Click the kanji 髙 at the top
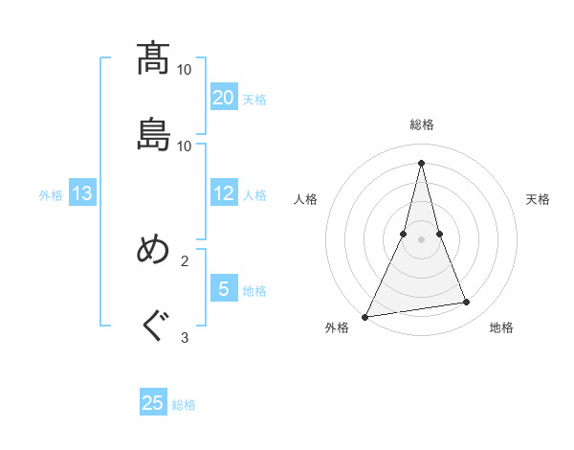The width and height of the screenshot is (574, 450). [x=154, y=58]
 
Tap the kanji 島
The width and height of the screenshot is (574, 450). [x=154, y=135]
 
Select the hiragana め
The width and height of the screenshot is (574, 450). [x=154, y=250]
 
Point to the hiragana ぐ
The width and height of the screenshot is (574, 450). [x=154, y=326]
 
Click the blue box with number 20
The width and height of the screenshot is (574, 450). [x=224, y=97]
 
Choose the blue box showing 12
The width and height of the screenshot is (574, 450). [x=224, y=193]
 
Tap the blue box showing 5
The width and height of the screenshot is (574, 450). [x=224, y=288]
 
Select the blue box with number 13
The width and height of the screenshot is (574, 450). [x=82, y=193]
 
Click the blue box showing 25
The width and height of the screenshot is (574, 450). [x=153, y=403]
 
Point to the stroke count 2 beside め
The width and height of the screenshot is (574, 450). [x=185, y=260]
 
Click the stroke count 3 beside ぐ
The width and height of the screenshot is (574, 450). [x=185, y=337]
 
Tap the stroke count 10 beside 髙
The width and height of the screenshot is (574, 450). [x=185, y=70]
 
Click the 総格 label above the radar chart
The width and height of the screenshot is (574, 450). [x=422, y=125]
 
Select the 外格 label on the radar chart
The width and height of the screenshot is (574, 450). [x=337, y=327]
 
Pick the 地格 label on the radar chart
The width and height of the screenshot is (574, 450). [x=501, y=327]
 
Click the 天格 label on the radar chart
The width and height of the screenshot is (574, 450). [x=538, y=199]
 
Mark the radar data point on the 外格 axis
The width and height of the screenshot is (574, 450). [x=364, y=316]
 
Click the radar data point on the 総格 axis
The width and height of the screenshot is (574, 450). [x=422, y=163]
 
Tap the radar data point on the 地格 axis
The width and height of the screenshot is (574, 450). [x=467, y=303]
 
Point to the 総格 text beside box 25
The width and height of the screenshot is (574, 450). [x=185, y=405]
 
